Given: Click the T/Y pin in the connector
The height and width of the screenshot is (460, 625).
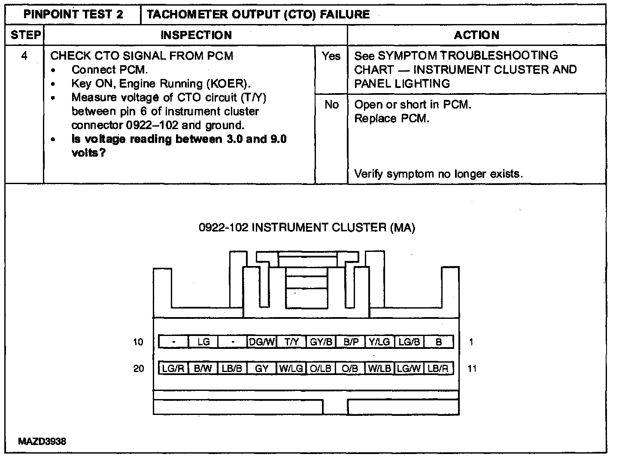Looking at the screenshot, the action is pyautogui.click(x=291, y=342).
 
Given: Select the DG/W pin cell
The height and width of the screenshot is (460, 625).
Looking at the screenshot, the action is pyautogui.click(x=262, y=342).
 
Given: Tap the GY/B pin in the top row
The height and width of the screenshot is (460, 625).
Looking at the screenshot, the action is pyautogui.click(x=321, y=342).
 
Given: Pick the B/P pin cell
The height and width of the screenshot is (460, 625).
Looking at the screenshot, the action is pyautogui.click(x=351, y=342).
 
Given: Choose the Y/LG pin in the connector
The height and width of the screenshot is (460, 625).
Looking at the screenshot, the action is pyautogui.click(x=380, y=342).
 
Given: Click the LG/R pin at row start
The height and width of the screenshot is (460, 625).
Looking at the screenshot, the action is pyautogui.click(x=174, y=368).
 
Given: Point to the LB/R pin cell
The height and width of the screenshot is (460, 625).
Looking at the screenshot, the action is pyautogui.click(x=438, y=368).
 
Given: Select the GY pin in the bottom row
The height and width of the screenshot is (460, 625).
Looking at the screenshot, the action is pyautogui.click(x=262, y=368).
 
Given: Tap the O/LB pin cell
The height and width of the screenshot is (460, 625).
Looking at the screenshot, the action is pyautogui.click(x=321, y=368).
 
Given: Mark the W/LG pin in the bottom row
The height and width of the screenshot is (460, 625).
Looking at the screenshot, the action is pyautogui.click(x=291, y=368).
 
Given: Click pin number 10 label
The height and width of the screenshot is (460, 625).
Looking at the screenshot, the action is pyautogui.click(x=138, y=342).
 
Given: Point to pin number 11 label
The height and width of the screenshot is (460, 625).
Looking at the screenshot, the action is pyautogui.click(x=472, y=368).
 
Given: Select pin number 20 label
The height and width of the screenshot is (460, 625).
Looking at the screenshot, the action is pyautogui.click(x=138, y=368).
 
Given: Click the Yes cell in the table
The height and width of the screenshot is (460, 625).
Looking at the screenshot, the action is pyautogui.click(x=331, y=56).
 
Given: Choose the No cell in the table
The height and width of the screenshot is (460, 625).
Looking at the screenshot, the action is pyautogui.click(x=331, y=105).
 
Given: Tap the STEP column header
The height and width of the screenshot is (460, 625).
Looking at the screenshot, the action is pyautogui.click(x=25, y=35).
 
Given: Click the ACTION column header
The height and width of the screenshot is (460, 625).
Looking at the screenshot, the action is pyautogui.click(x=476, y=35).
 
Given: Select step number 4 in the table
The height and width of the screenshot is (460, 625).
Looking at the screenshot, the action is pyautogui.click(x=24, y=56).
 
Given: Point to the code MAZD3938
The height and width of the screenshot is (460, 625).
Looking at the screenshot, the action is pyautogui.click(x=42, y=442).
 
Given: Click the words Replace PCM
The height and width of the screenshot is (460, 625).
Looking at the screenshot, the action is pyautogui.click(x=391, y=118).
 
